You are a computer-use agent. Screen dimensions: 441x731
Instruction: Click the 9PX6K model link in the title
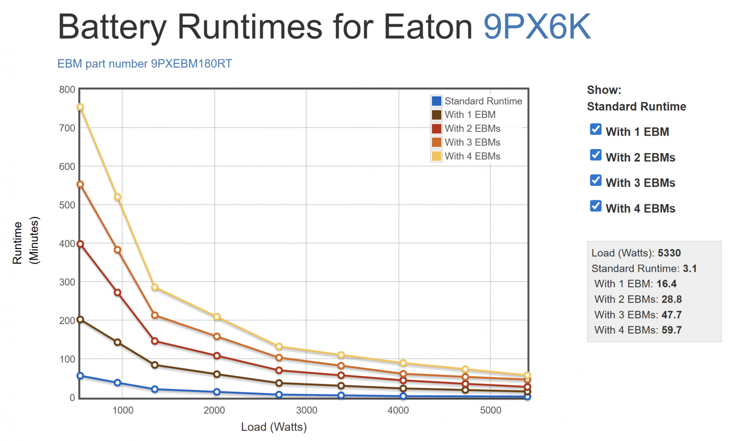(x=537, y=27)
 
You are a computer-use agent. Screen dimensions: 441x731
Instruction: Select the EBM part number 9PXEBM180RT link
(x=144, y=64)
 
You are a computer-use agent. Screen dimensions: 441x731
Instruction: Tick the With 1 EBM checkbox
(x=596, y=129)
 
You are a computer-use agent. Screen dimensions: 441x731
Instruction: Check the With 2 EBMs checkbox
(x=596, y=155)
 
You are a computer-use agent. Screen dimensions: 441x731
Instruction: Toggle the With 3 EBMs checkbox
(x=596, y=181)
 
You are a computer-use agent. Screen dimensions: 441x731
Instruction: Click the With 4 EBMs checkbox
(x=596, y=206)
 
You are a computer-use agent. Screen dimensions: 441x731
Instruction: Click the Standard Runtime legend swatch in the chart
(x=437, y=101)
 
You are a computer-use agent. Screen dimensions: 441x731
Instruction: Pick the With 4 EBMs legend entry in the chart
(x=472, y=156)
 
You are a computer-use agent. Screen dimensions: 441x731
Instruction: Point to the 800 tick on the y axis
(x=67, y=90)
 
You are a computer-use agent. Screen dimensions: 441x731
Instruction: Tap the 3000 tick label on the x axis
(x=307, y=410)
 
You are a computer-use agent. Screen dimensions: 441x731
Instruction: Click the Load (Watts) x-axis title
(x=274, y=427)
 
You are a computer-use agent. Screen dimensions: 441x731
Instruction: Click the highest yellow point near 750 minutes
(x=80, y=107)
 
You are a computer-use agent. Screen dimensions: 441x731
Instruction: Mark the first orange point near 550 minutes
(x=80, y=185)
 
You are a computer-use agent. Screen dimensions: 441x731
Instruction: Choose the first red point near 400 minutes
(x=80, y=244)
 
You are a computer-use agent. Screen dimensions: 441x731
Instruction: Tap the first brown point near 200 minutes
(x=80, y=319)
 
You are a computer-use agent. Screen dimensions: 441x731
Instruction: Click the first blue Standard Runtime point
(x=80, y=376)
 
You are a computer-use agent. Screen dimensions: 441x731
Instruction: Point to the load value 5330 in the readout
(x=669, y=253)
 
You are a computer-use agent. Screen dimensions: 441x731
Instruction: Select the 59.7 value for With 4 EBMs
(x=671, y=330)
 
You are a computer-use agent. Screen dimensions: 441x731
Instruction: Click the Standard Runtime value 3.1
(x=689, y=269)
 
